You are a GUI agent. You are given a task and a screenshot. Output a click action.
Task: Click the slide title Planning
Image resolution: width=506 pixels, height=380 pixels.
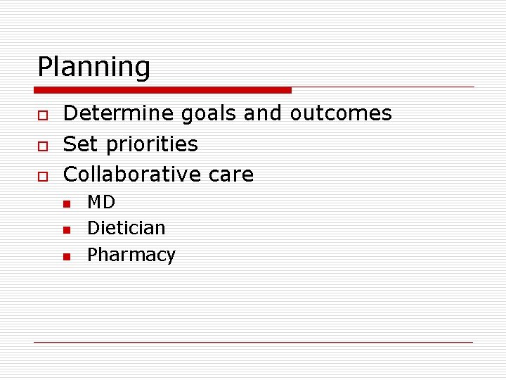pos(93,68)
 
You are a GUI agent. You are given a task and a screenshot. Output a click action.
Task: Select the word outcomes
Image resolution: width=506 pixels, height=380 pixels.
pos(341,113)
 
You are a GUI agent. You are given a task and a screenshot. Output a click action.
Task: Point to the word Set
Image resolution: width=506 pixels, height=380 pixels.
pos(79,144)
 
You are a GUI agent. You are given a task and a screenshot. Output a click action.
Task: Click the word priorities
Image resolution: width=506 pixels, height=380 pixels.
pos(150,145)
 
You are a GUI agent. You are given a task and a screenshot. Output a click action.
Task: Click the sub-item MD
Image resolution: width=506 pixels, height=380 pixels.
pos(101,203)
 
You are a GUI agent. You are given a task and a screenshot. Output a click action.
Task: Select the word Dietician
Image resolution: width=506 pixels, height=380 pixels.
pos(126,228)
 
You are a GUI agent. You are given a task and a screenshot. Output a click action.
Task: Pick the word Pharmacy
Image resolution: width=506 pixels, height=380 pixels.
pos(131,255)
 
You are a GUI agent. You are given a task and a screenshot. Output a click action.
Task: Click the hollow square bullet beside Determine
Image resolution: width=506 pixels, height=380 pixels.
pos(41,115)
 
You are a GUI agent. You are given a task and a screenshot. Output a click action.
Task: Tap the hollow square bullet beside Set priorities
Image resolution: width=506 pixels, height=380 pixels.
pos(41,146)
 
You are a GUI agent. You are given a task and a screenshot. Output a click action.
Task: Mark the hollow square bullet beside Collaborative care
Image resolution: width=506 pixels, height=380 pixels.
pos(41,176)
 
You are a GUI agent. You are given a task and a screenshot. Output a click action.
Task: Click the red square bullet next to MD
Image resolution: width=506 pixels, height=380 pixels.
pos(66,204)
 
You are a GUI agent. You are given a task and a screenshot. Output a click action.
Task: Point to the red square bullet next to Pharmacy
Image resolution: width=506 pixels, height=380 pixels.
pos(66,256)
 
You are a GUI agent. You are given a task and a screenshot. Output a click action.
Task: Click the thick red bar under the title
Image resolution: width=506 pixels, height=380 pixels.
pos(162,90)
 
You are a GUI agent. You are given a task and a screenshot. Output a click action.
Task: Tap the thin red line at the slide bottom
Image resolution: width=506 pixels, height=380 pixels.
pos(253,343)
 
